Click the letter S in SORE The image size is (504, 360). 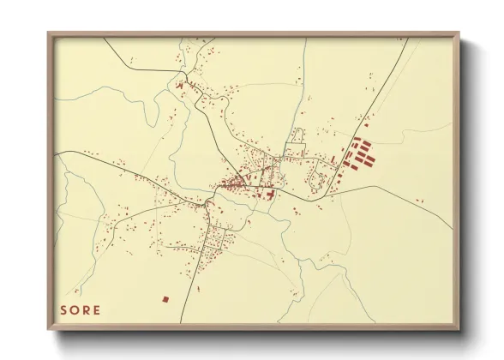64,309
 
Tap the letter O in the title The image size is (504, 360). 75,309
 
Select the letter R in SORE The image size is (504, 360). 87,309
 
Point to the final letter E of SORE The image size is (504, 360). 97,309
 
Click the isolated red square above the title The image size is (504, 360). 165,298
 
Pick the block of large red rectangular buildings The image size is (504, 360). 358,154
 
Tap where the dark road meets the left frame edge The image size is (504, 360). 57,153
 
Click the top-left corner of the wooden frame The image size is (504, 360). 49,33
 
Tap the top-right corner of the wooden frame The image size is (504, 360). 459,33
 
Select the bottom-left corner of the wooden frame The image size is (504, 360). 49,329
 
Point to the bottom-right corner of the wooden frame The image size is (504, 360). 459,329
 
